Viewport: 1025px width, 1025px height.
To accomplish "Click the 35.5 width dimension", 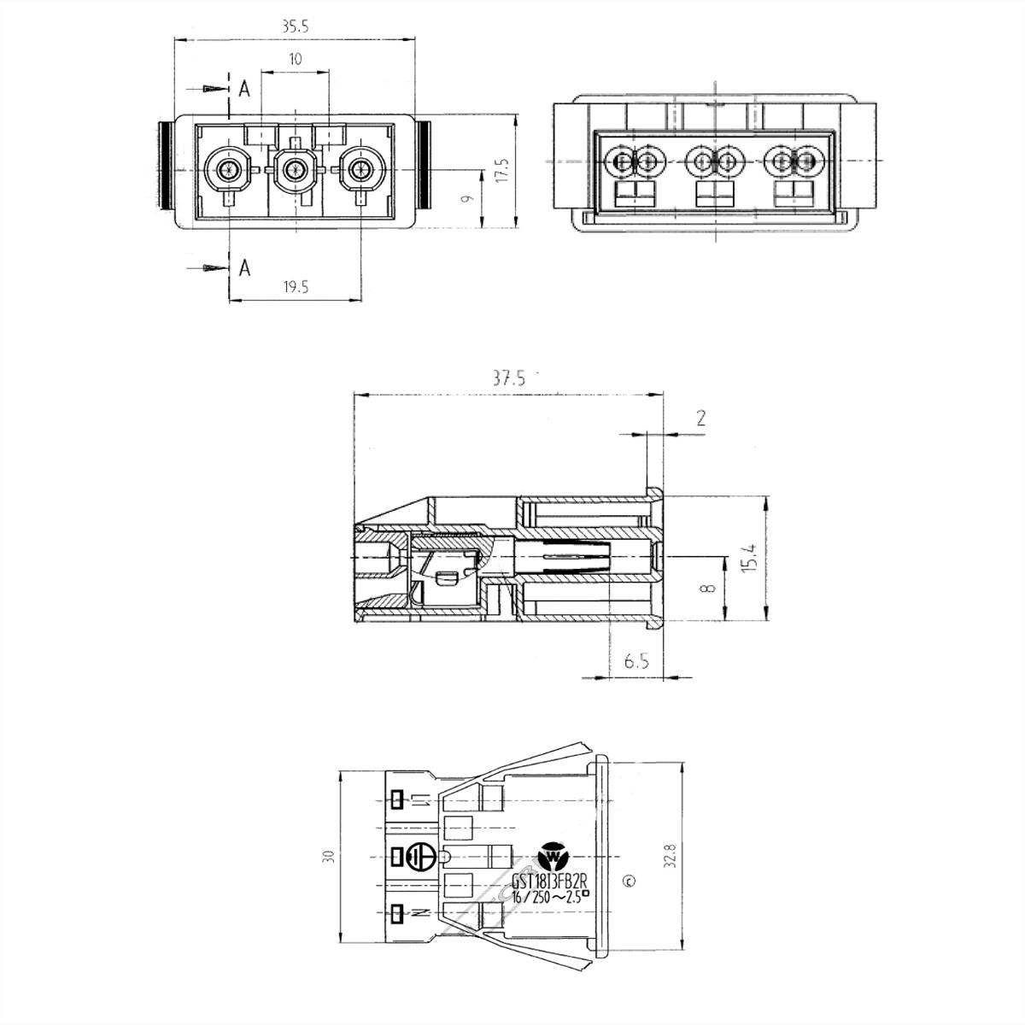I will click(x=295, y=26).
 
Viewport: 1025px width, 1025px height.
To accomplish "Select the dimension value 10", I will click(x=296, y=59).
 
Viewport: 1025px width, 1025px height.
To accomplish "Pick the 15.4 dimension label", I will click(x=749, y=559).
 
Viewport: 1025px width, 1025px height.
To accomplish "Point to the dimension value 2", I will click(x=700, y=418).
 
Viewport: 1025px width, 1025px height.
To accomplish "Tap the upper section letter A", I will click(x=244, y=88).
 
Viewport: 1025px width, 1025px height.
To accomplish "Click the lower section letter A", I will click(x=244, y=268).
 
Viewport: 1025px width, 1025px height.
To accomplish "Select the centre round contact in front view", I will click(x=296, y=169).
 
